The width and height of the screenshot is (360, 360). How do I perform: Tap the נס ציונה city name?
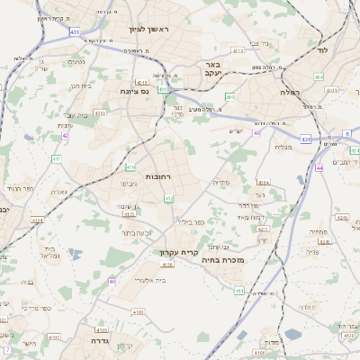click(x=140, y=92)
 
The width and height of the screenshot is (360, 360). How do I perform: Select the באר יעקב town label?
click(x=212, y=70)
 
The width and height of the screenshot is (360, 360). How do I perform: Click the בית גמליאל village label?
click(x=49, y=253)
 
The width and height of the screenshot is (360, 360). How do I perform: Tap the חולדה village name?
click(x=306, y=307)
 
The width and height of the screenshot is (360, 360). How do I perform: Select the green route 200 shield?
click(x=229, y=96)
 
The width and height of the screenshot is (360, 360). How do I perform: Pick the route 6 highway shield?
click(x=346, y=133)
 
